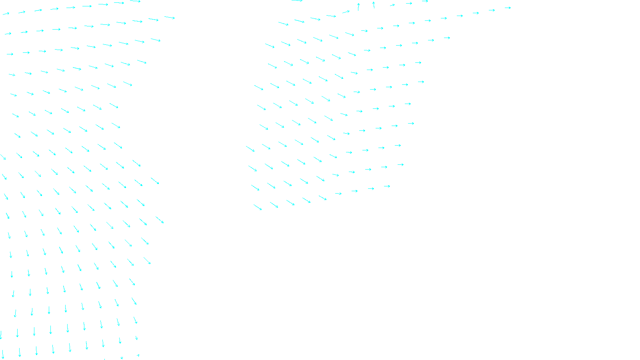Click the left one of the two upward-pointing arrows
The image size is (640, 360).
click(358, 6)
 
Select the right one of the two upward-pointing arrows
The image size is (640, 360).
click(374, 5)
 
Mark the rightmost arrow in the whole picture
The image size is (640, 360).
click(508, 8)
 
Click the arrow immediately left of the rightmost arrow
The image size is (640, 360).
click(492, 10)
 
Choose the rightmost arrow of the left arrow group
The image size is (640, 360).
click(170, 18)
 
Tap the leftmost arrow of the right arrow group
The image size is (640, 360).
click(250, 149)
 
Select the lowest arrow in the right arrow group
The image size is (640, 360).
click(258, 207)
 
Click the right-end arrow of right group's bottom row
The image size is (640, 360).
click(387, 186)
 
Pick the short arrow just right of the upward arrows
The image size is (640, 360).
click(392, 5)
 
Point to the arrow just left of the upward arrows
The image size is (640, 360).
click(346, 12)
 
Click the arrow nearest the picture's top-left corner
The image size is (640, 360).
click(6, 14)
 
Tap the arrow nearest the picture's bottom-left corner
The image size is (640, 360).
click(3, 354)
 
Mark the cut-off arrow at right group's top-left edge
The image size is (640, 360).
click(297, 1)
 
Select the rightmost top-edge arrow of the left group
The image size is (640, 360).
click(135, 1)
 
